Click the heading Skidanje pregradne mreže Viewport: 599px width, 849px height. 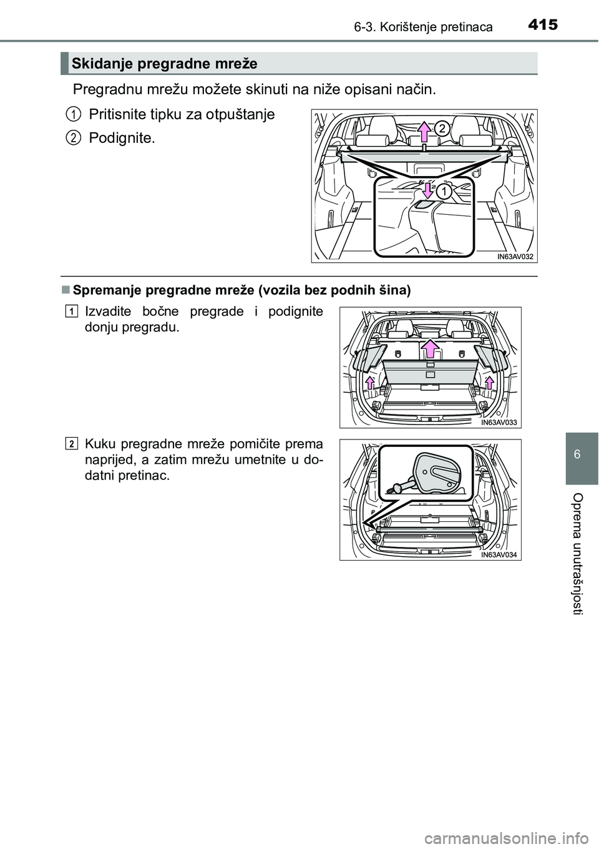[165, 63]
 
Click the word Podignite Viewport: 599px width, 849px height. [122, 138]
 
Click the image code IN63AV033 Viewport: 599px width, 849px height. [499, 422]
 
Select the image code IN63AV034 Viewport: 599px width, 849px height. [499, 554]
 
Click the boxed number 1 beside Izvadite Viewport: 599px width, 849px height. [73, 311]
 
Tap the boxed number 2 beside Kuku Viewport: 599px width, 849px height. [73, 444]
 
